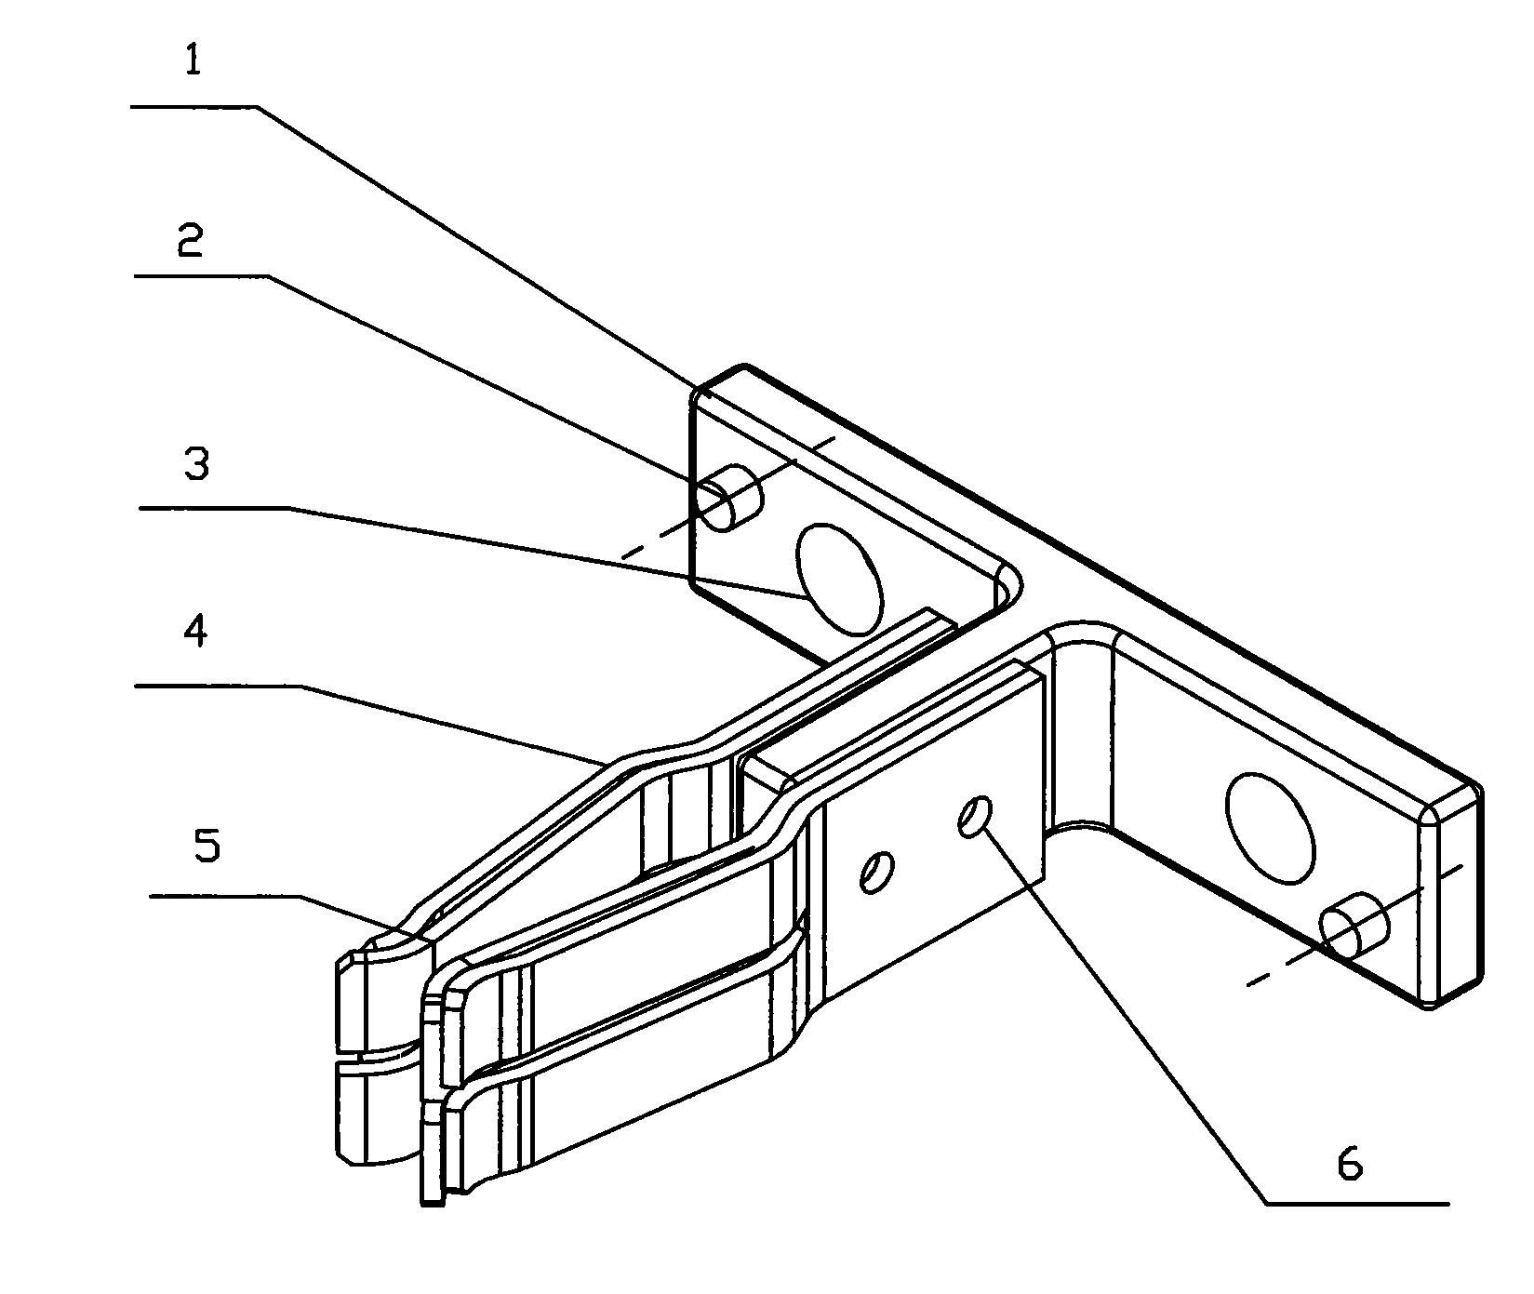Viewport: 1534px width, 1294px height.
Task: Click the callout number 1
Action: [x=193, y=60]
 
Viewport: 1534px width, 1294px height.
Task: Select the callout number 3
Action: [x=196, y=463]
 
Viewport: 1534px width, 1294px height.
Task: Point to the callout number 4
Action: [x=195, y=631]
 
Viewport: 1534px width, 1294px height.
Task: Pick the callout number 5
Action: [x=207, y=847]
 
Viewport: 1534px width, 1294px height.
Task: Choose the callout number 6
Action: [x=1350, y=1163]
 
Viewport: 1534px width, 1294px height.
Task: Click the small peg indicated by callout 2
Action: [x=730, y=498]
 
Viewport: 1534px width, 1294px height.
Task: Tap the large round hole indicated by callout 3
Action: [x=837, y=579]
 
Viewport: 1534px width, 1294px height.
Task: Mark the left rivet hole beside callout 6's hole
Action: [x=876, y=872]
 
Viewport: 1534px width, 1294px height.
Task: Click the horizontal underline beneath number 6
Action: [x=1356, y=1204]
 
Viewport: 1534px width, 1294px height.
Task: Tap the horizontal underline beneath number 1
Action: [x=194, y=108]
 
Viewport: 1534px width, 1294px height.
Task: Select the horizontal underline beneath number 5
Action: [x=225, y=896]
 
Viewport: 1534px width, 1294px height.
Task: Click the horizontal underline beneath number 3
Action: [x=214, y=508]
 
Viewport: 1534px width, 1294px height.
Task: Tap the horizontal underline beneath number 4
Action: [x=220, y=686]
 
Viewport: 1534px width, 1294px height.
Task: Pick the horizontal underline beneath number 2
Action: [x=202, y=275]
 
